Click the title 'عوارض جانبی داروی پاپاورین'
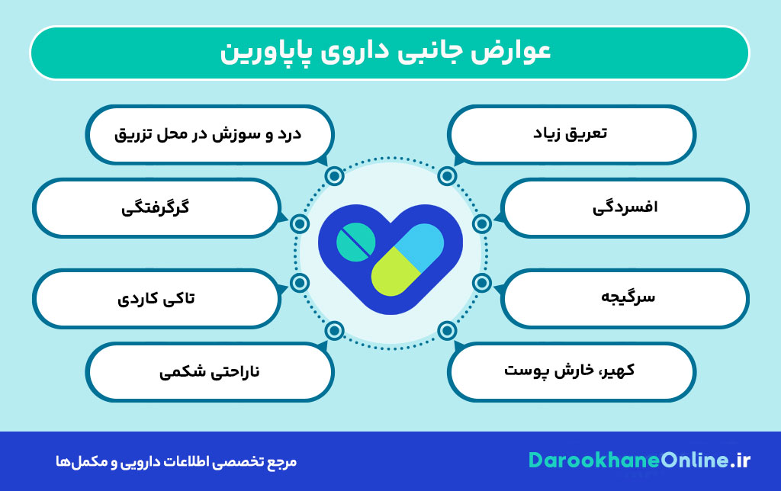coord(389,53)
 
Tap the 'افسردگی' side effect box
coord(625,207)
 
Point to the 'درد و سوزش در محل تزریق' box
coord(209,134)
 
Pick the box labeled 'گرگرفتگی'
coord(156,207)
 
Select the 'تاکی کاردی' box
coord(156,297)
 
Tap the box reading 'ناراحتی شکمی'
coord(209,371)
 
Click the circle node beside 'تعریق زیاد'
coord(447,176)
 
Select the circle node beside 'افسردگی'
coord(481,223)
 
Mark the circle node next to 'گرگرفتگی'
coord(300,223)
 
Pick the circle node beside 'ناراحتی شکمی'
coord(334,331)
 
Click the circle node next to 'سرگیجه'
coord(481,283)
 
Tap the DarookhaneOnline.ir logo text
coord(639,461)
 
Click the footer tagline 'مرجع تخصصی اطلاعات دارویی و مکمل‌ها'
coord(180,461)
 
